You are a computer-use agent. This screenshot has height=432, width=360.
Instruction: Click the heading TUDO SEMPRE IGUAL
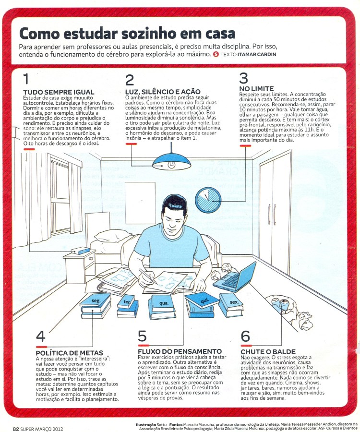point(59,92)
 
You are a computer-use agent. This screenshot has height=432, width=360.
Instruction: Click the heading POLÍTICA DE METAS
point(69,353)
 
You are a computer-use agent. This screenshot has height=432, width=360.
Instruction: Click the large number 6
point(245,336)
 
